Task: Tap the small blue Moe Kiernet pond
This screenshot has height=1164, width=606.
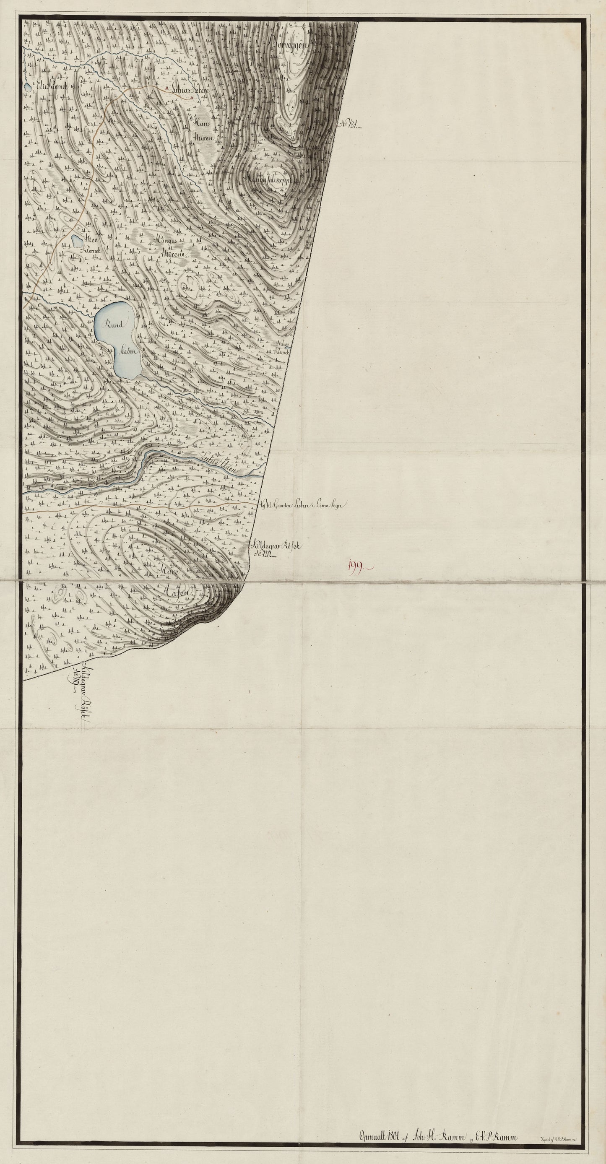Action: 75,239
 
